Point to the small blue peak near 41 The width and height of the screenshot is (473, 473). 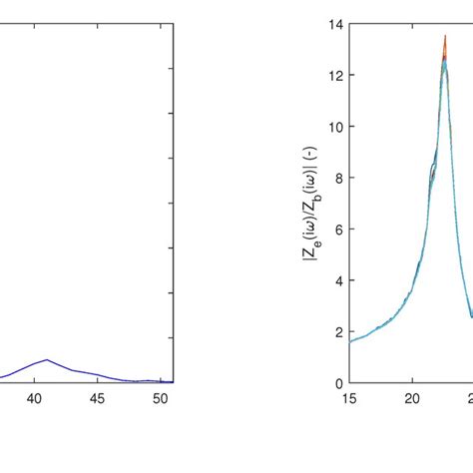click(x=47, y=360)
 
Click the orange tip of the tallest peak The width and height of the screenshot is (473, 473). click(x=445, y=37)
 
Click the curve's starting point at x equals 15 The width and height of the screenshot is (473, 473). click(x=349, y=341)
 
